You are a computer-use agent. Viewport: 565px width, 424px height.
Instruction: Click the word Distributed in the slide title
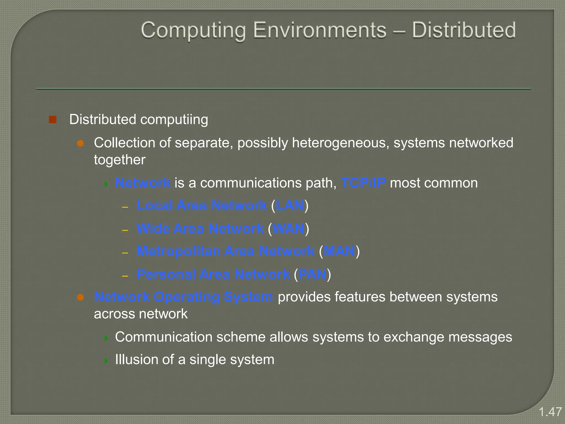464,30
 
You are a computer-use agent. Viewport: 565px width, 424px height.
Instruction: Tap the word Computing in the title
193,31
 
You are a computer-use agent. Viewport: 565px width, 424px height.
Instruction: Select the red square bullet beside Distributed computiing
52,120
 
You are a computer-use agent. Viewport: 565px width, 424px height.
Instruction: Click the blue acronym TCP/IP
363,183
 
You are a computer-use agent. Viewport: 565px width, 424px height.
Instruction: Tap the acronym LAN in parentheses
290,206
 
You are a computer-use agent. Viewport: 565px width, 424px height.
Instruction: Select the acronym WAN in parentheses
288,229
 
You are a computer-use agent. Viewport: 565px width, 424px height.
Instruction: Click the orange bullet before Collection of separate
80,143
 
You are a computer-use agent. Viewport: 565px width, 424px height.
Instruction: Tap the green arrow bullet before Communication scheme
106,338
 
